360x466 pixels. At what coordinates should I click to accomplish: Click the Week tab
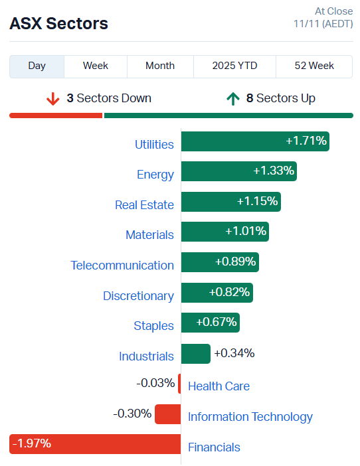(96, 66)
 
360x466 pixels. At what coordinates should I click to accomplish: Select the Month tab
(160, 66)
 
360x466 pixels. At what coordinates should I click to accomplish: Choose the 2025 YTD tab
(234, 66)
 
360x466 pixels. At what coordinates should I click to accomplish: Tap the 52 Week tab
(314, 66)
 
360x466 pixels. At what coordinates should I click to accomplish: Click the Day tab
(37, 66)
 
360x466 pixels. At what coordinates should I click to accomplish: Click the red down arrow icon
(53, 99)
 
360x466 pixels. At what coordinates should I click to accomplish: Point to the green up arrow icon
(232, 99)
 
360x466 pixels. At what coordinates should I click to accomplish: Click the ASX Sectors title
(58, 24)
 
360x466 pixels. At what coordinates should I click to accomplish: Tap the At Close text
(333, 11)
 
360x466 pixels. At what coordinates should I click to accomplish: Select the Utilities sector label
(154, 144)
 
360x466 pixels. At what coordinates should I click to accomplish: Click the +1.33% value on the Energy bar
(273, 171)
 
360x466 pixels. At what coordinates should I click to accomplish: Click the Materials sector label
(149, 235)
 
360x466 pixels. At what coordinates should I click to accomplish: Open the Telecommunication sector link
(122, 266)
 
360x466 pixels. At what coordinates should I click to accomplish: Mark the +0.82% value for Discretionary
(229, 291)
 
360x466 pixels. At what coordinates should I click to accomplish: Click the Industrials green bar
(195, 353)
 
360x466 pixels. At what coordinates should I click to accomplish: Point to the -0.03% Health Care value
(155, 383)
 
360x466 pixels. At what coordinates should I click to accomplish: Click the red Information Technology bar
(167, 414)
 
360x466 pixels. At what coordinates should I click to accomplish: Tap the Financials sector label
(214, 447)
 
